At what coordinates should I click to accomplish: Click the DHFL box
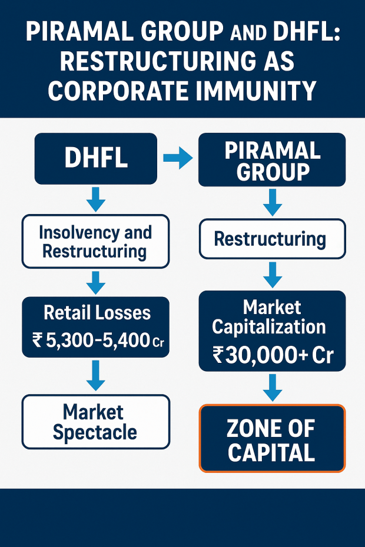tap(95, 159)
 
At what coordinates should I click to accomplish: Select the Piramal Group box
tap(272, 159)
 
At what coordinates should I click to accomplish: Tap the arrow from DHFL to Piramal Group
tap(177, 157)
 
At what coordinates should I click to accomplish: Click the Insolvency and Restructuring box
tap(95, 241)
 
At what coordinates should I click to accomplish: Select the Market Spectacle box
tap(95, 422)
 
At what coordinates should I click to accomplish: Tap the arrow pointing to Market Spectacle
tap(95, 375)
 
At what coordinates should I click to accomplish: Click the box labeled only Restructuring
tap(271, 239)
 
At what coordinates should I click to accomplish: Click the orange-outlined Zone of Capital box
tap(271, 439)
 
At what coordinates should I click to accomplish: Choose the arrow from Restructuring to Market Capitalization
tap(271, 274)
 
